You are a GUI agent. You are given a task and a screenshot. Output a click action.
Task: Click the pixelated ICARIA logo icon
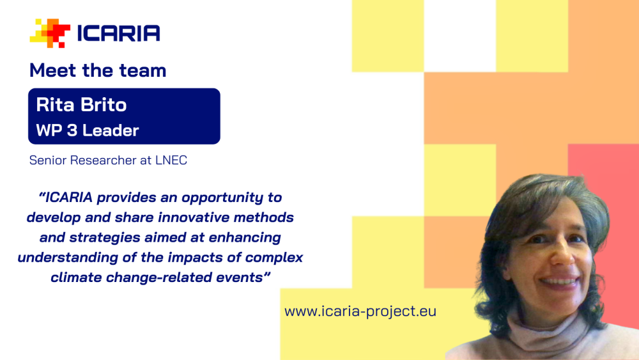coord(50,33)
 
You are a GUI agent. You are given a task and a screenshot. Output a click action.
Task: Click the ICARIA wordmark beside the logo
coord(119,33)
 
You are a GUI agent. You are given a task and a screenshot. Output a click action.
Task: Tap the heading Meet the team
coord(98,70)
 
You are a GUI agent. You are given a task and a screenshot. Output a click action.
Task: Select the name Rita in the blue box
coord(56,105)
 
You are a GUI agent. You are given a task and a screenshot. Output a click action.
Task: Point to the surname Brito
coord(104,105)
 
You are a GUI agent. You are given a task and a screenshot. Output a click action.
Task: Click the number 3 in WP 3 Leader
coord(72,130)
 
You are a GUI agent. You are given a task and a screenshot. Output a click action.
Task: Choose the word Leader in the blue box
coord(111,130)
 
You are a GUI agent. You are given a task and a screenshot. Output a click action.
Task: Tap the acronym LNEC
coord(171,160)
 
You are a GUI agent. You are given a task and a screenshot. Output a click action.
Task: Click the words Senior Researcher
coord(82,160)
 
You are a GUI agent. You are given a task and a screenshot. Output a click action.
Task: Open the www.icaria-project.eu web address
coord(360,311)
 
